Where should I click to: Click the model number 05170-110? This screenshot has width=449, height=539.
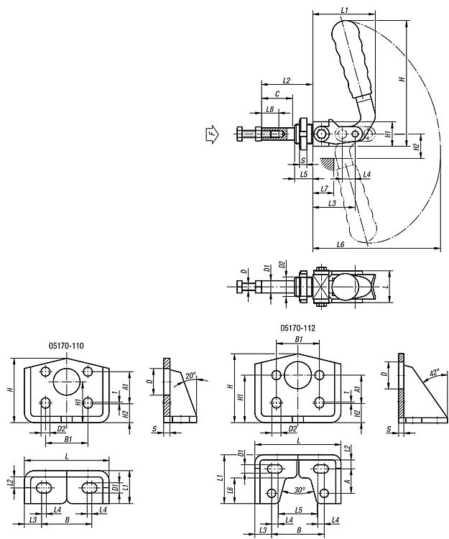coord(66,346)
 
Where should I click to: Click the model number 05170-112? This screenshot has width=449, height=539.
coord(297,328)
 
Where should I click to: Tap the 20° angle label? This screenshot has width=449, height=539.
coord(190,375)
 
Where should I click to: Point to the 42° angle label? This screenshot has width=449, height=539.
coord(434,372)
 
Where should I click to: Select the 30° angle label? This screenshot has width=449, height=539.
coord(300,490)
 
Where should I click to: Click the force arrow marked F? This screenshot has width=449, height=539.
coord(213,134)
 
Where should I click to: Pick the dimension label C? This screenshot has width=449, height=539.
coord(277,94)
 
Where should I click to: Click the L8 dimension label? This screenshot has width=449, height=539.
coord(270,109)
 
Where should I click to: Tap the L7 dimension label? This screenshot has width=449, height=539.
coord(324,189)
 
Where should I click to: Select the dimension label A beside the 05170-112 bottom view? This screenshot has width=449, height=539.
coord(348,482)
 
